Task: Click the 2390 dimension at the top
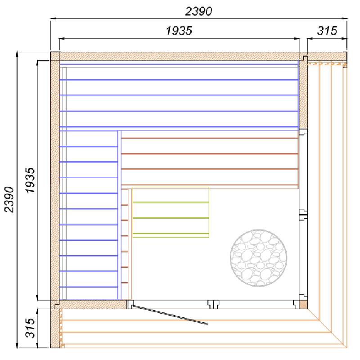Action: point(198,12)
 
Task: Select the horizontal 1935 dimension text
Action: point(179,31)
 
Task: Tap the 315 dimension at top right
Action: point(327,31)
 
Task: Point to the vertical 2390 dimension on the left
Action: point(9,199)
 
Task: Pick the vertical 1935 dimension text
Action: point(30,181)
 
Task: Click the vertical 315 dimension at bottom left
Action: point(30,328)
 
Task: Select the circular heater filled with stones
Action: point(258,258)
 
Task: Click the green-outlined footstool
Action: point(171,212)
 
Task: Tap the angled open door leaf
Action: point(170,315)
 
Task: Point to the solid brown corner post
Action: point(303,305)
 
